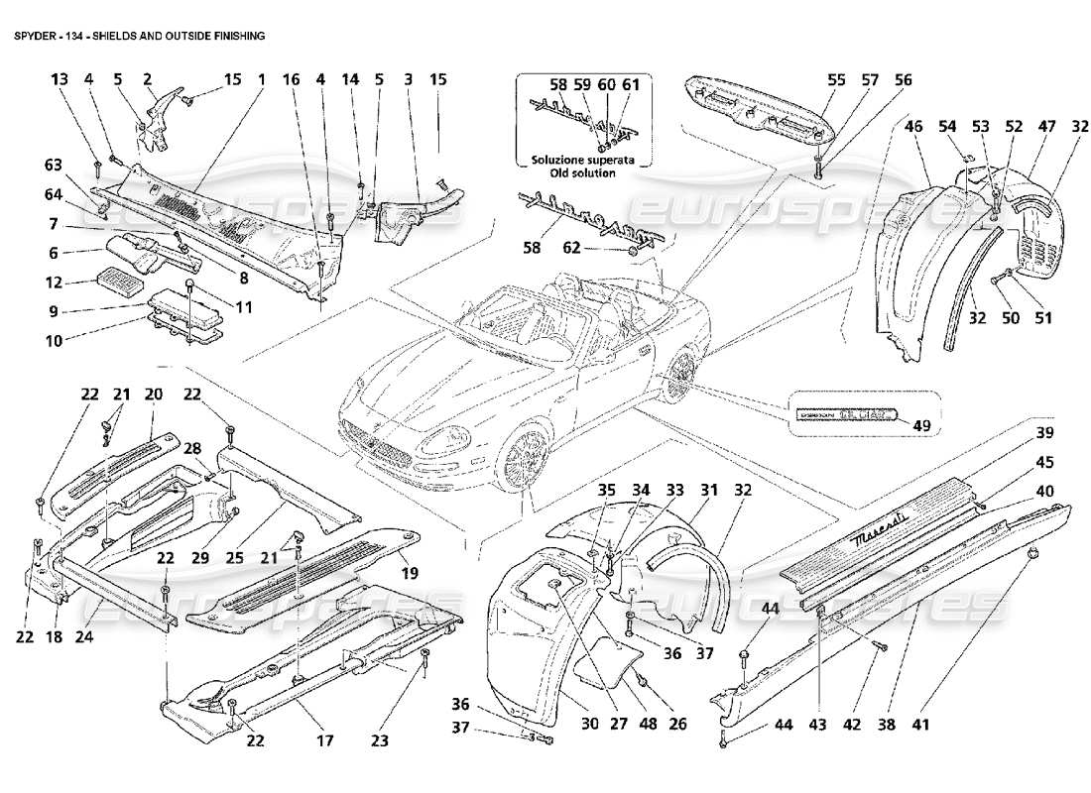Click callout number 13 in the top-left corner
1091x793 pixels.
pos(61,79)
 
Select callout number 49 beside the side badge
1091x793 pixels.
pos(922,427)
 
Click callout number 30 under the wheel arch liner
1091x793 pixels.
pos(589,725)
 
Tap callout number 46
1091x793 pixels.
pos(913,127)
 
